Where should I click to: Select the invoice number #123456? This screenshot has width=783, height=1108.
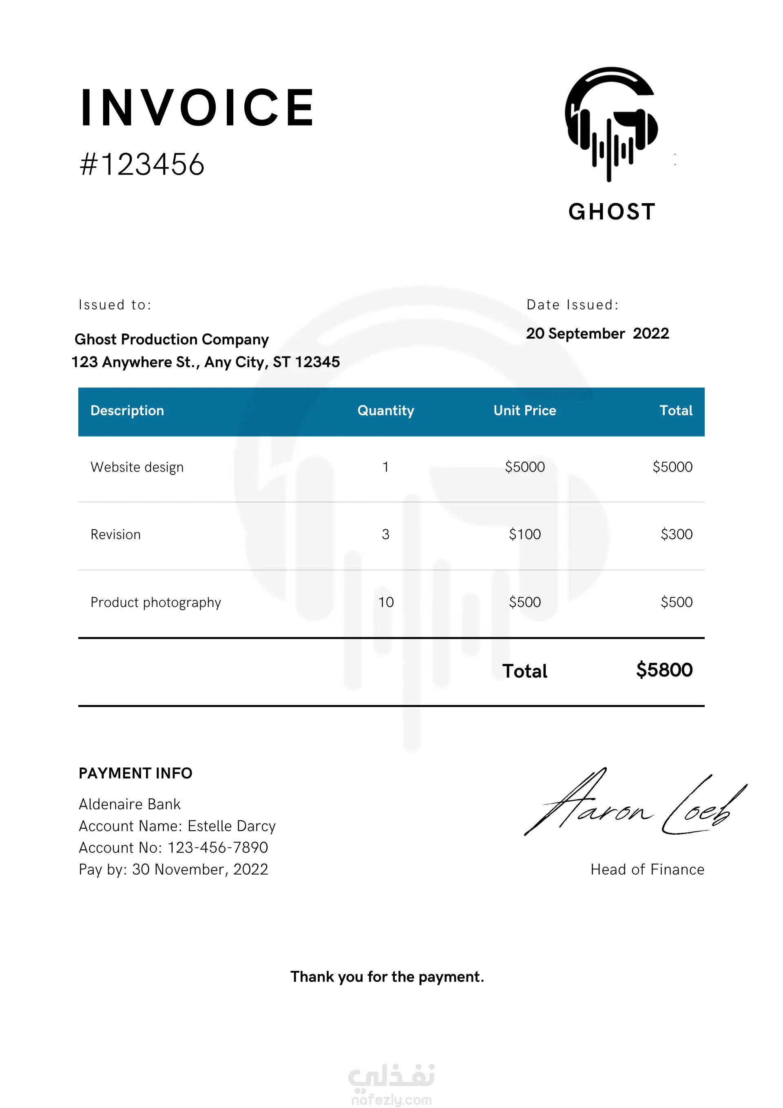pos(142,164)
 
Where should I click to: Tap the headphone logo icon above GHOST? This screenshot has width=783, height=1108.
pos(611,124)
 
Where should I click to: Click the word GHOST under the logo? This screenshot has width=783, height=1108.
pos(612,212)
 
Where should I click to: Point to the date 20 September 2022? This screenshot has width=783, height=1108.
pos(597,333)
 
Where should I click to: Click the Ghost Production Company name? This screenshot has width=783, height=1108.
pos(171,339)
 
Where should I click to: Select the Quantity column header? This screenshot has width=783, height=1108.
pos(385,411)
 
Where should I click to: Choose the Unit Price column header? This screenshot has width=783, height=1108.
pos(524,411)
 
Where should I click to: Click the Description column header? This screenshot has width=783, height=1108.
pos(127,411)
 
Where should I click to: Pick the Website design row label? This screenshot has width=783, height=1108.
pos(137,467)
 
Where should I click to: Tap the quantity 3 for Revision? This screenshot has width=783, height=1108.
pos(385,534)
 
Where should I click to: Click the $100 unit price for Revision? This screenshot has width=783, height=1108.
pos(524,534)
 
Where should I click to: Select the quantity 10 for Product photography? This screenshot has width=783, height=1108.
pos(386,602)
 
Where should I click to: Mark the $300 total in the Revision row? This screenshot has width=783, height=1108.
pos(677,534)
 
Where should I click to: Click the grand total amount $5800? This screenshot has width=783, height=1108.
pos(664,670)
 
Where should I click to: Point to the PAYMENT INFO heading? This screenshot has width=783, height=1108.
pos(135,773)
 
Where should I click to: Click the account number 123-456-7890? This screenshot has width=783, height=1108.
pos(218,847)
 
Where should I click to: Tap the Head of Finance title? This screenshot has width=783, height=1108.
pos(647,870)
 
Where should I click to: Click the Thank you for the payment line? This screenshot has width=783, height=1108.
pos(387,977)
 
